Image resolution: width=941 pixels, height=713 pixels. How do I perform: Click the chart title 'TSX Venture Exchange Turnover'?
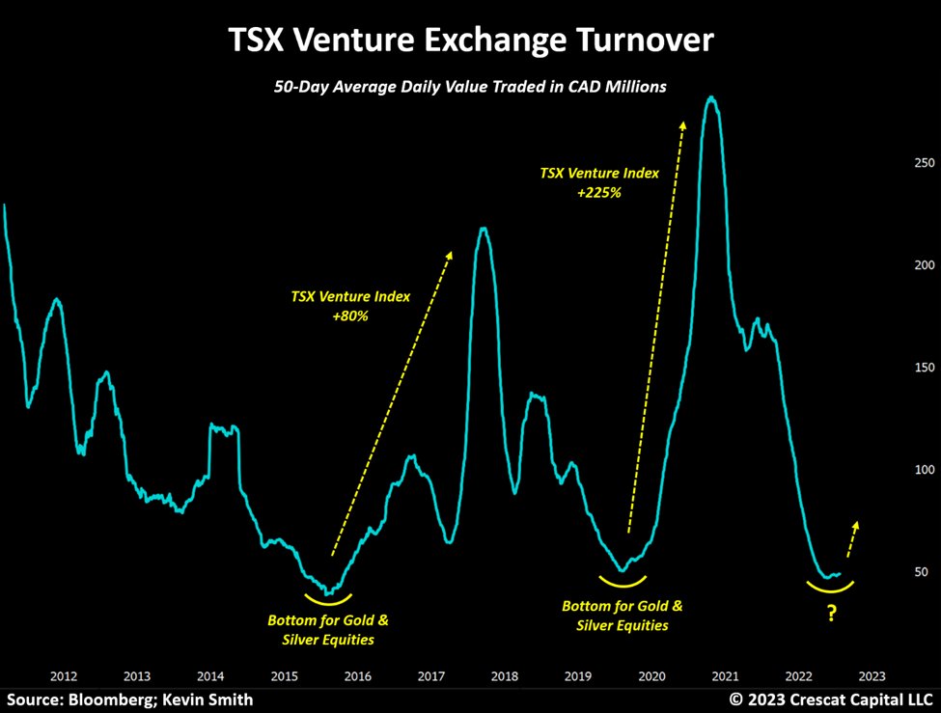click(x=471, y=41)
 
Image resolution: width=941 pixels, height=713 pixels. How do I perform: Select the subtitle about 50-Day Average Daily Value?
click(x=471, y=88)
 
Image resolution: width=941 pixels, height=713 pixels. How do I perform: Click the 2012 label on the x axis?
click(x=64, y=675)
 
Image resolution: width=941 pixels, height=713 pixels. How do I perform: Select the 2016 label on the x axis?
click(x=357, y=675)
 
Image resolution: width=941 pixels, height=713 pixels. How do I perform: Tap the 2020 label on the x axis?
click(x=650, y=675)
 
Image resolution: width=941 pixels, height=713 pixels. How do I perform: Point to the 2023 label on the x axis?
click(x=871, y=675)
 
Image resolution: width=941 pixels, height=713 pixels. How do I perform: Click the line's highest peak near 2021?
click(x=711, y=97)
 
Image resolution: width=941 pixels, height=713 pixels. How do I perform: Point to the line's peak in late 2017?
click(x=483, y=228)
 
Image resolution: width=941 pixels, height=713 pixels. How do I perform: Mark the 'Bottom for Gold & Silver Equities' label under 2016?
click(x=328, y=629)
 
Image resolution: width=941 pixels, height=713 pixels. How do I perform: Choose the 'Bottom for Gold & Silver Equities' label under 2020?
click(x=622, y=616)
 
